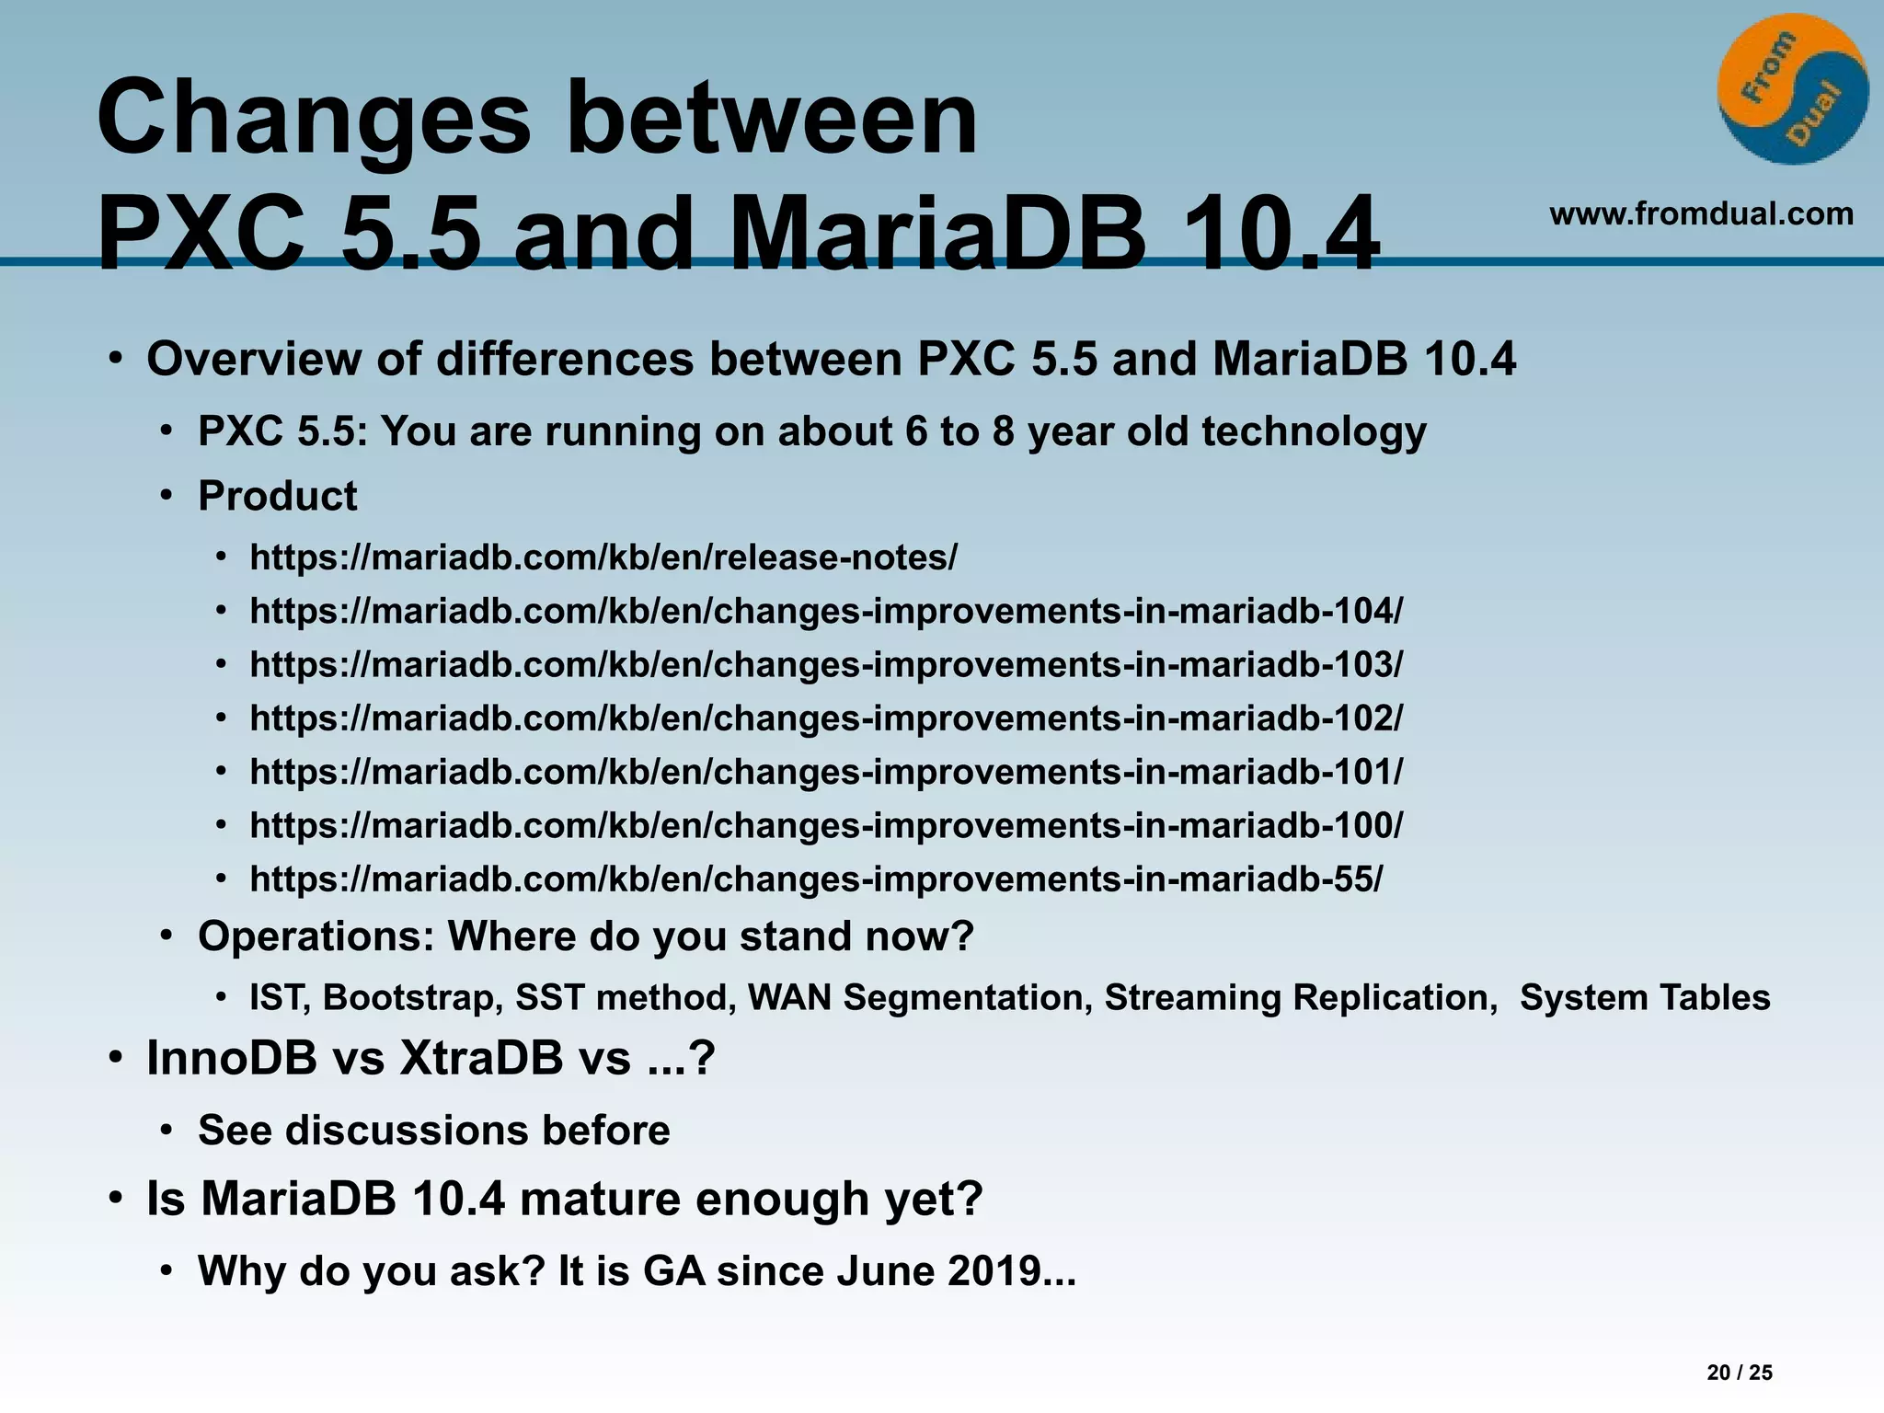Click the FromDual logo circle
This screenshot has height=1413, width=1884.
coord(1792,90)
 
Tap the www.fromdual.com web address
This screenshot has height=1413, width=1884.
coord(1701,213)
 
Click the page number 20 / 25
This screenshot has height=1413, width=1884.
coord(1739,1373)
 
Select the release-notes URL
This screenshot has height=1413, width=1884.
coord(603,557)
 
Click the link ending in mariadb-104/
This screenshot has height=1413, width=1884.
coord(826,611)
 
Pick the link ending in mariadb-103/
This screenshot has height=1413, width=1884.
coord(826,664)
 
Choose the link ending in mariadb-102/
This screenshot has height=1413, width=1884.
coord(826,718)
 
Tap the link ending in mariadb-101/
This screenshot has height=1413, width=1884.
coord(826,771)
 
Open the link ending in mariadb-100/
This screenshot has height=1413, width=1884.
coord(826,825)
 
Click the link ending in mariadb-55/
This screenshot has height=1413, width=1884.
coord(816,879)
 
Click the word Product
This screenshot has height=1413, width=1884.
coord(277,496)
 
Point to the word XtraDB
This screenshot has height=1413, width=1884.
coord(481,1058)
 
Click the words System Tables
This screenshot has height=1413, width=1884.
coord(1644,998)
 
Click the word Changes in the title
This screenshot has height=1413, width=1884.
coord(314,118)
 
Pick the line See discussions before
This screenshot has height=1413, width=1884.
coord(433,1131)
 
